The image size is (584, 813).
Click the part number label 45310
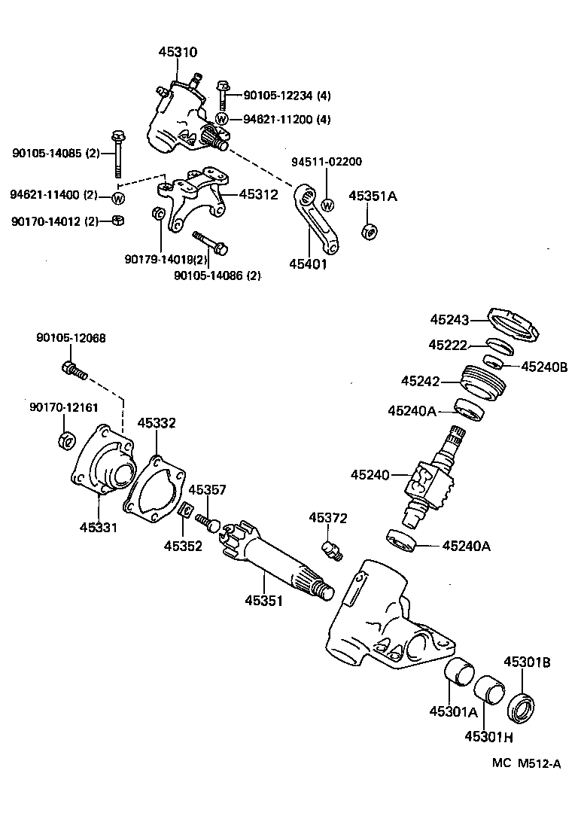pos(178,53)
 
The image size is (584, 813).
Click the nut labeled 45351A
pos(369,231)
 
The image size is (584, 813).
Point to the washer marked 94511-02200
pos(327,204)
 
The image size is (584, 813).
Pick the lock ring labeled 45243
pos(516,324)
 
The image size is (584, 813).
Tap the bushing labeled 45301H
pos(490,690)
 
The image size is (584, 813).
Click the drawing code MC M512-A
pos(527,763)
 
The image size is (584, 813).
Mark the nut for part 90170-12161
pos(65,440)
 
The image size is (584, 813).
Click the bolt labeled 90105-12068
pos(75,370)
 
